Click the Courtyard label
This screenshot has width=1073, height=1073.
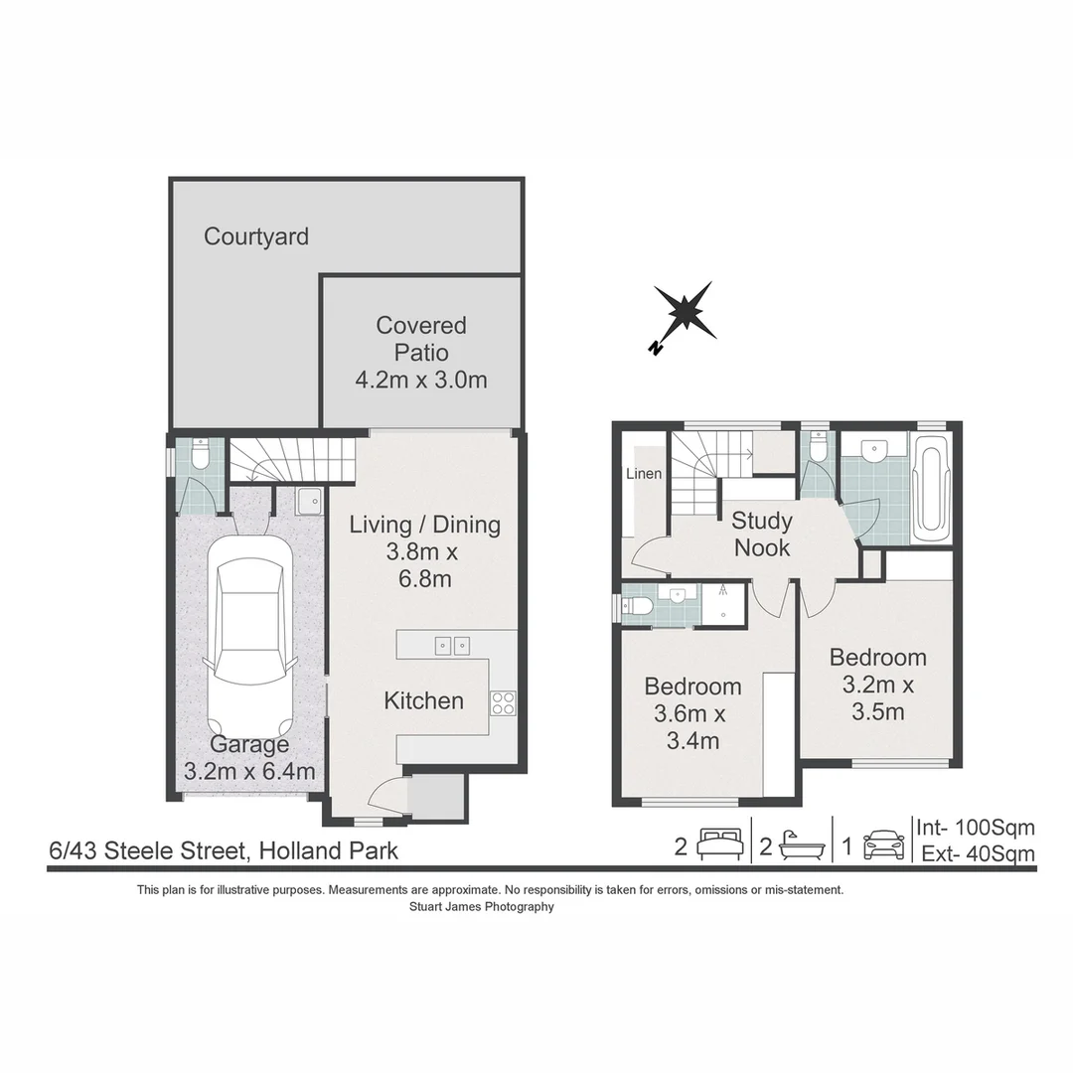[x=256, y=236]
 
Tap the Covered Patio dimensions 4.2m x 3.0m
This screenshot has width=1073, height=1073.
[x=421, y=380]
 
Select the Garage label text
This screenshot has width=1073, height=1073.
[x=249, y=744]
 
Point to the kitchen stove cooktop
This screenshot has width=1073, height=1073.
[x=503, y=702]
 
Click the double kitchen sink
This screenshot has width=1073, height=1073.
[x=452, y=646]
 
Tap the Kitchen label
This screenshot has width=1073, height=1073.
[x=423, y=700]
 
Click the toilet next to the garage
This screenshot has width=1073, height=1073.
[x=200, y=456]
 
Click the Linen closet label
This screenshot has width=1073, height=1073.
[x=644, y=474]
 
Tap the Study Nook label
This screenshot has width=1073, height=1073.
[x=762, y=534]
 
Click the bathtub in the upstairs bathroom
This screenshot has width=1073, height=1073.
[x=931, y=488]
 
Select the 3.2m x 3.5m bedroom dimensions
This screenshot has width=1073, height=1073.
[x=878, y=698]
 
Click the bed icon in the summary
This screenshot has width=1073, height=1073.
[x=720, y=843]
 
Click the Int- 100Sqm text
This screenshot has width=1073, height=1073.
[x=976, y=828]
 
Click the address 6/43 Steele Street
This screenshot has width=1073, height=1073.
[x=147, y=850]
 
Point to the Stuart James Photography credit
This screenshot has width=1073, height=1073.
[x=482, y=907]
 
